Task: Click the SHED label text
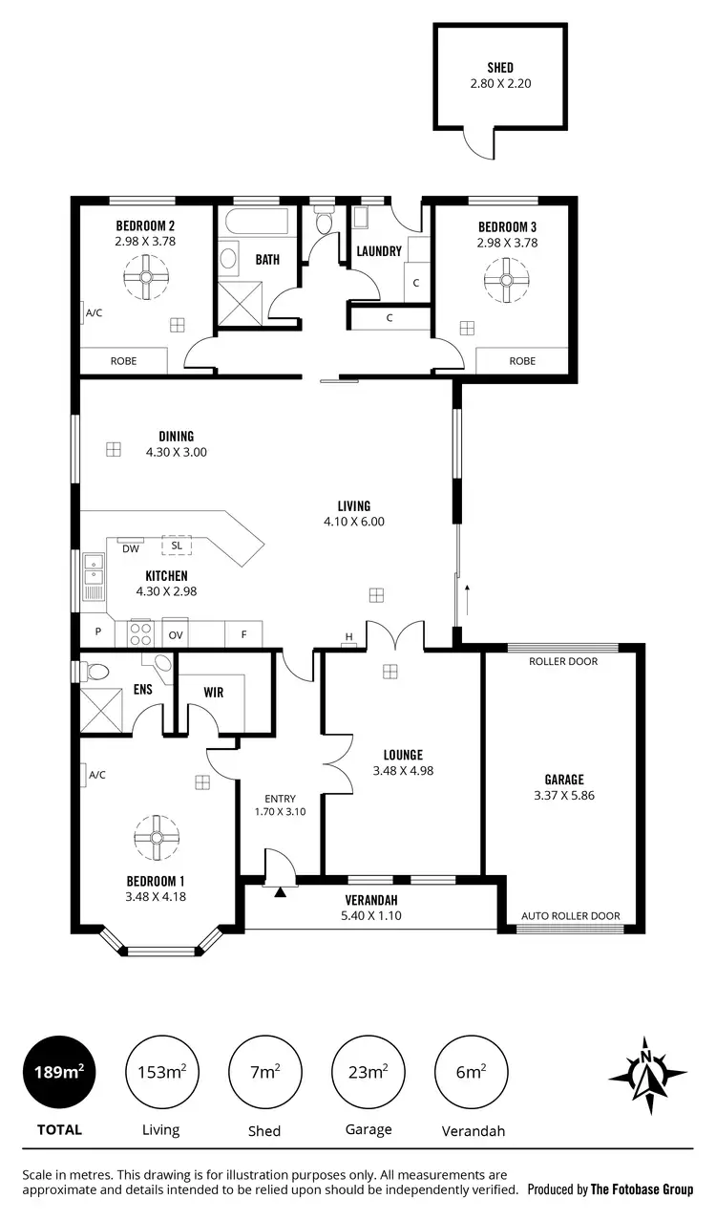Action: tap(499, 68)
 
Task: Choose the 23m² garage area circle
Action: tap(369, 1072)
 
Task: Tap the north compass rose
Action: tap(647, 1075)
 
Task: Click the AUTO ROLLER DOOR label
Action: tap(570, 915)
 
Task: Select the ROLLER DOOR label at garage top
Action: tap(563, 661)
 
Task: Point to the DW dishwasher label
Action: tap(131, 547)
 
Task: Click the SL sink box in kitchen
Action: tap(176, 546)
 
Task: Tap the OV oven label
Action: tap(176, 634)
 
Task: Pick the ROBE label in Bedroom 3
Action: tap(521, 361)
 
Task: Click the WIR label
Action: tap(213, 692)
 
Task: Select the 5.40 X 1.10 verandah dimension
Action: tap(370, 915)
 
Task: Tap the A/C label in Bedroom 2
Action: tap(94, 312)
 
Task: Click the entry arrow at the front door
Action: tap(280, 892)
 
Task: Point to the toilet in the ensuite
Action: tap(96, 671)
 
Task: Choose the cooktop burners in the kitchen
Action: tap(140, 633)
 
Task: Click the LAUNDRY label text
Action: tap(378, 252)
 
